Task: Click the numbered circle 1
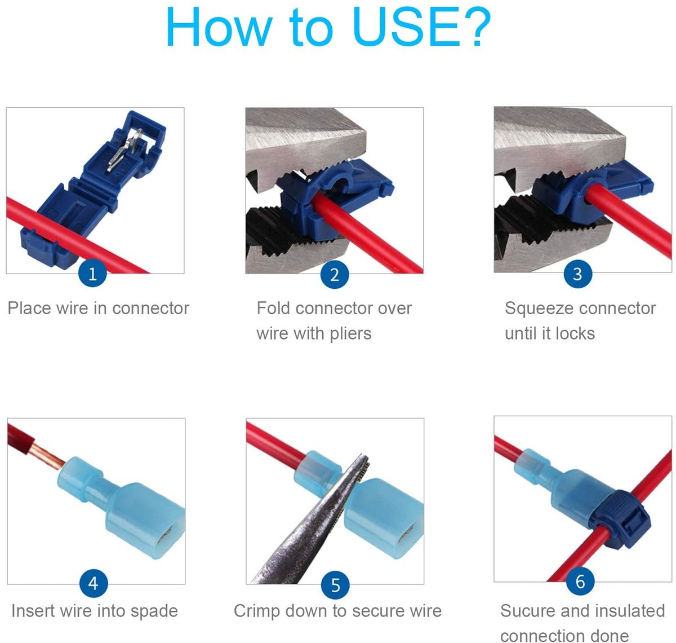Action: pos(92,274)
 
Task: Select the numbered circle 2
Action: pos(335,275)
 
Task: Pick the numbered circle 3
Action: pos(577,274)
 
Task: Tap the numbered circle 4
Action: pos(93,583)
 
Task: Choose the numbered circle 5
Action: pos(335,585)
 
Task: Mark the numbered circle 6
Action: pos(580,581)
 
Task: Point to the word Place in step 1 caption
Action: pos(30,308)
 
